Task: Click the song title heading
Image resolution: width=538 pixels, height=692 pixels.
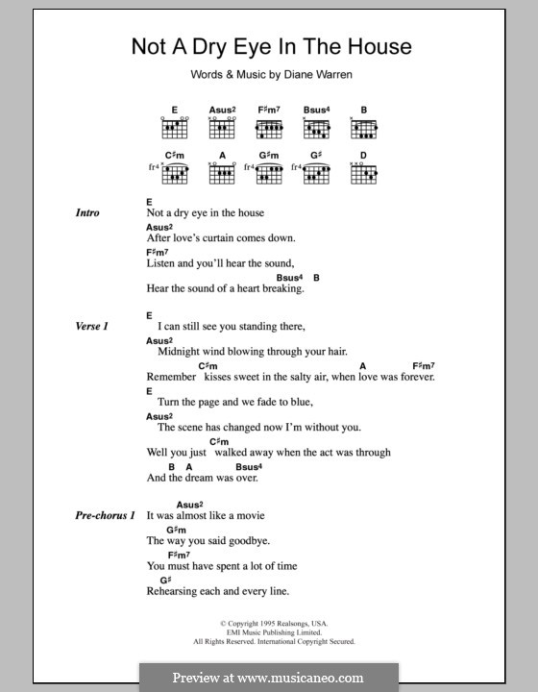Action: [273, 47]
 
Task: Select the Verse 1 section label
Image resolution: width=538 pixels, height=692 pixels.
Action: [91, 327]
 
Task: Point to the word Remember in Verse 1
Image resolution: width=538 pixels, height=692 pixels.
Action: [171, 377]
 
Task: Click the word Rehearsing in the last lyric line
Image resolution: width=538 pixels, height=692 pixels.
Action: [177, 591]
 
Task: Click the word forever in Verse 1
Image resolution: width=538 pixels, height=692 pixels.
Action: [414, 377]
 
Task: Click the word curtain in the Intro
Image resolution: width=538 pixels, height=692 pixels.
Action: [230, 237]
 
